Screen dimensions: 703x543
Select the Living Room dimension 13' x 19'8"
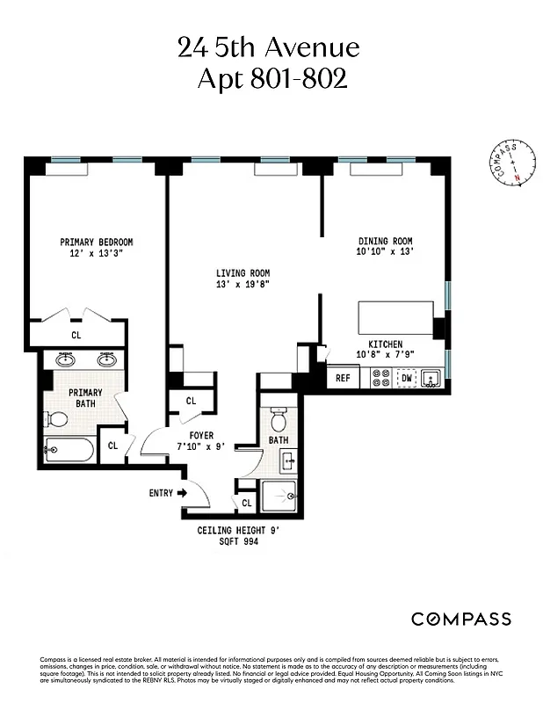pyautogui.click(x=243, y=285)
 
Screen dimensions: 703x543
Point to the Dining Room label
pyautogui.click(x=385, y=241)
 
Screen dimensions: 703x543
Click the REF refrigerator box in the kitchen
pyautogui.click(x=343, y=379)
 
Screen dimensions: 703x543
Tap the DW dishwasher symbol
pyautogui.click(x=406, y=379)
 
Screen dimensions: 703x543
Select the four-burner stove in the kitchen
pyautogui.click(x=381, y=379)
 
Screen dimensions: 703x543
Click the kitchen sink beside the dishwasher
pyautogui.click(x=431, y=379)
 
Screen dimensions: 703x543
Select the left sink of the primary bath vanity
pyautogui.click(x=64, y=359)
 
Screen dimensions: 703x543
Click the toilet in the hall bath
pyautogui.click(x=279, y=412)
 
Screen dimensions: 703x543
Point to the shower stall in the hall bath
pyautogui.click(x=279, y=496)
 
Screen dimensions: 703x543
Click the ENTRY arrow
pyautogui.click(x=169, y=493)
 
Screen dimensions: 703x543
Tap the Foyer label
pyautogui.click(x=202, y=435)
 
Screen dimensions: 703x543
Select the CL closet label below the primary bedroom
pyautogui.click(x=76, y=335)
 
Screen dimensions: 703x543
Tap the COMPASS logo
pyautogui.click(x=461, y=619)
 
